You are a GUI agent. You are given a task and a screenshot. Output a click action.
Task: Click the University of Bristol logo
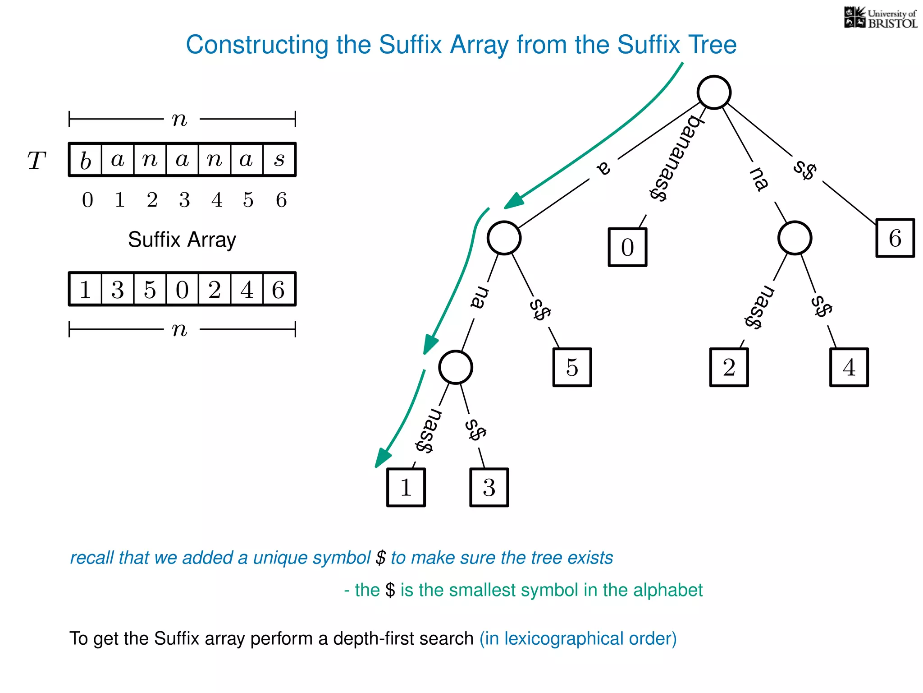[880, 18]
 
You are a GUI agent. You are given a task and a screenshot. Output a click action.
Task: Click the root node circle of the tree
[714, 92]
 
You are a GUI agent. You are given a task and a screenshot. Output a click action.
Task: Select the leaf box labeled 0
[627, 247]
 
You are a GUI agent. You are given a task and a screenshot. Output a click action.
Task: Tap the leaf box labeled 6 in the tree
[895, 238]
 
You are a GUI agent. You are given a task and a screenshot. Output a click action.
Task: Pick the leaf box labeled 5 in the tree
[572, 367]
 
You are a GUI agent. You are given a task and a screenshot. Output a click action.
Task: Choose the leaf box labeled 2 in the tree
[729, 367]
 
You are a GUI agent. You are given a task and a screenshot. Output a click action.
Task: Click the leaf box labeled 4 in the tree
[849, 367]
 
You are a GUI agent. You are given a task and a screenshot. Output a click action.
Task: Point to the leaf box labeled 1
[406, 487]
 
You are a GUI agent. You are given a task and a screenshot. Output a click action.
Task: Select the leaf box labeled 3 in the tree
[489, 487]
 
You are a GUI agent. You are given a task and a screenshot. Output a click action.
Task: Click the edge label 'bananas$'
[675, 158]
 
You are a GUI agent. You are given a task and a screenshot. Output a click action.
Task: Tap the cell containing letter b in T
[86, 160]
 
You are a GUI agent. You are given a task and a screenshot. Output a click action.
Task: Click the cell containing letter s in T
[279, 160]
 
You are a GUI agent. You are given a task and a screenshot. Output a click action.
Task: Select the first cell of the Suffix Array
[86, 289]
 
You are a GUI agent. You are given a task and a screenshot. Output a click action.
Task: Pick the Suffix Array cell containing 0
[182, 289]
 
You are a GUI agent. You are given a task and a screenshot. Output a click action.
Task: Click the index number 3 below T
[184, 200]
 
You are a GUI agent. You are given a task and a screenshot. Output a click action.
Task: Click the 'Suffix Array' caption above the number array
[182, 240]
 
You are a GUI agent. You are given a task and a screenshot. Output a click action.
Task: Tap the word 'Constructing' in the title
[257, 45]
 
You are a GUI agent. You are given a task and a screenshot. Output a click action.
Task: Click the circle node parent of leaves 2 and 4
[795, 238]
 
